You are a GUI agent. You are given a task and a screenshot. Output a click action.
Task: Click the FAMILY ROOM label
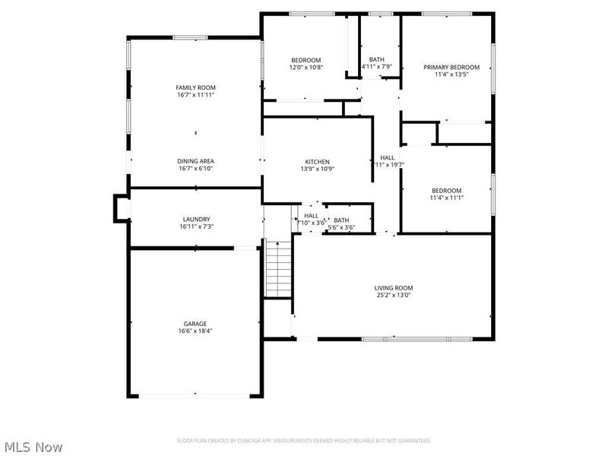pyautogui.click(x=196, y=88)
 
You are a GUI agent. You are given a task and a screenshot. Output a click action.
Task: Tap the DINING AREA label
pyautogui.click(x=196, y=161)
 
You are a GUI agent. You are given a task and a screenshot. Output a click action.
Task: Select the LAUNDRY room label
pyautogui.click(x=196, y=220)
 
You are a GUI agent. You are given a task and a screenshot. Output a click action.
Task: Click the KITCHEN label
pyautogui.click(x=317, y=162)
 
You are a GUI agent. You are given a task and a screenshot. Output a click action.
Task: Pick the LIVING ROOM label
pyautogui.click(x=393, y=288)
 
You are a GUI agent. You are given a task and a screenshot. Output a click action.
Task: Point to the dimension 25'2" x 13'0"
pyautogui.click(x=393, y=296)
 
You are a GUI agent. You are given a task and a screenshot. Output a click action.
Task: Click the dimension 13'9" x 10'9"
pyautogui.click(x=317, y=169)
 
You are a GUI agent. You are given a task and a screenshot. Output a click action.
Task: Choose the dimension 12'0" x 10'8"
pyautogui.click(x=306, y=68)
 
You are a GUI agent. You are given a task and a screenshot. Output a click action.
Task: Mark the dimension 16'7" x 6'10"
pyautogui.click(x=196, y=169)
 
